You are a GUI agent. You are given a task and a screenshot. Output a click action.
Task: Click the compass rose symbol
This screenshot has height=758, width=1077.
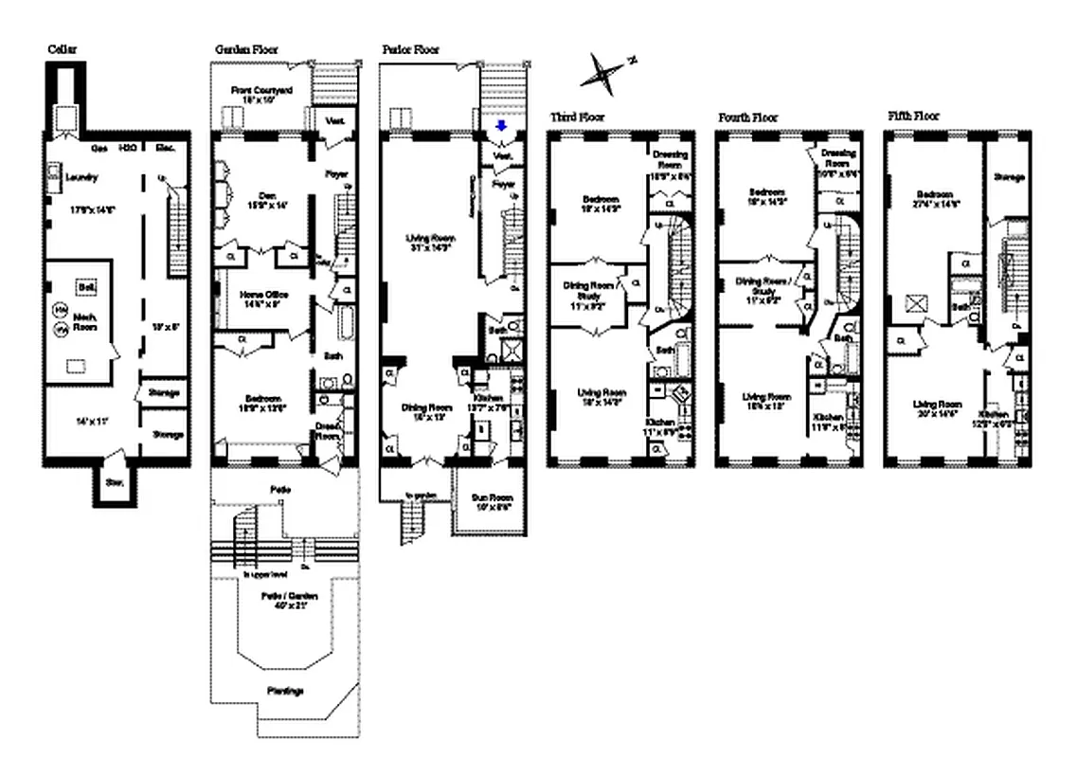click(x=606, y=71)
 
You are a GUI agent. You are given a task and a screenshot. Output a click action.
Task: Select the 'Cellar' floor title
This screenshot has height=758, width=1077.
click(x=63, y=49)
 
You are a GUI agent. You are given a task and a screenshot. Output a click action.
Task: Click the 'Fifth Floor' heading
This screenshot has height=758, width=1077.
click(x=914, y=116)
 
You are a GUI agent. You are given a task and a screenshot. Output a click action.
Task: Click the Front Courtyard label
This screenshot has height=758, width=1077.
click(x=261, y=90)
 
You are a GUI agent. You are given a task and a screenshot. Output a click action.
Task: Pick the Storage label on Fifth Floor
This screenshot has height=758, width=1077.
click(x=1007, y=177)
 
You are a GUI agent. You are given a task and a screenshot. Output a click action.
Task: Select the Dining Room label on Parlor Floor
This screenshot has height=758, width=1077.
click(x=426, y=406)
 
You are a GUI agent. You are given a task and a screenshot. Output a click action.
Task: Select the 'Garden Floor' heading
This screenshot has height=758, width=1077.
click(x=246, y=49)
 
